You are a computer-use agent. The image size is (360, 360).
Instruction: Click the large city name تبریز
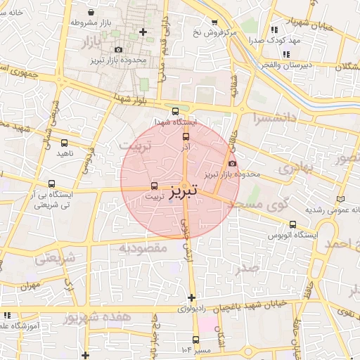pos(184,190)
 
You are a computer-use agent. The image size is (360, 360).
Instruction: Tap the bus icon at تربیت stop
pos(154,186)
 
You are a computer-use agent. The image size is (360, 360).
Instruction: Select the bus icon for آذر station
pos(186,137)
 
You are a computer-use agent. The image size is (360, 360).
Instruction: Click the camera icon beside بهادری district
pos(233,164)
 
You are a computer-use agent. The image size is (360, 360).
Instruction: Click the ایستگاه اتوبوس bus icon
pos(292,225)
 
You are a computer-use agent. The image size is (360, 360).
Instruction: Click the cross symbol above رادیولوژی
pos(191,297)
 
